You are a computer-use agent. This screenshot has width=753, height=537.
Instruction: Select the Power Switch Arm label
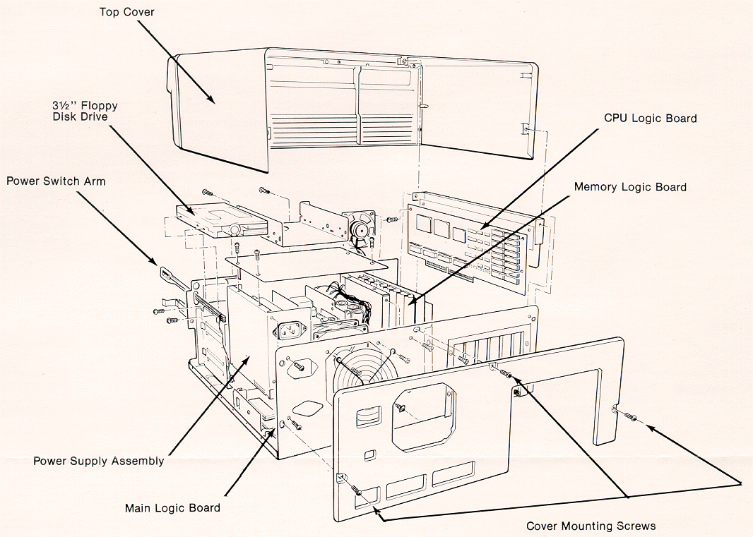[x=56, y=181]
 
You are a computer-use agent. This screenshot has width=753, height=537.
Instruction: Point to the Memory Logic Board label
[x=630, y=187]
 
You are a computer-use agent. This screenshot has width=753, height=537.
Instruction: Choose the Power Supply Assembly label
[x=99, y=461]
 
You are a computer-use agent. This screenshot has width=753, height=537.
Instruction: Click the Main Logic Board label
[x=172, y=508]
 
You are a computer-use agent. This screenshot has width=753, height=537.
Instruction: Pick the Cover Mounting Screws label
[x=591, y=526]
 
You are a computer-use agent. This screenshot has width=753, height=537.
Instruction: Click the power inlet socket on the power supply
[x=292, y=330]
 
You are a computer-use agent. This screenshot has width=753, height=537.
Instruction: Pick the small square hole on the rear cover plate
[x=368, y=456]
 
